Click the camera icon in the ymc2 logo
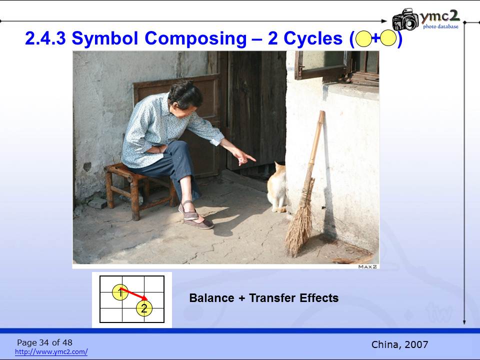405,19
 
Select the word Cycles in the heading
313,38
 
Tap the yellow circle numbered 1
120,292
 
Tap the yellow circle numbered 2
144,308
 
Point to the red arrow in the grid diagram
134,293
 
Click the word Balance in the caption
212,298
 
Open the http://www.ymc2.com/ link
51,351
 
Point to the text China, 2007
399,344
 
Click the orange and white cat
276,187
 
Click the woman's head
184,97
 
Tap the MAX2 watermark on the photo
367,266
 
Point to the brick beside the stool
97,202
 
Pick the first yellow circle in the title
363,39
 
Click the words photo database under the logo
441,26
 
